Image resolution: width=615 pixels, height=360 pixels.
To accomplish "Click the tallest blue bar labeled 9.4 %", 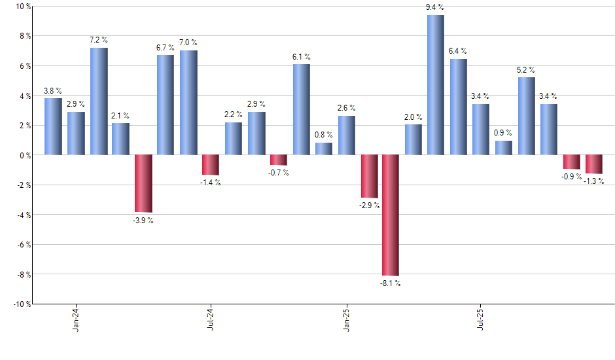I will click(x=435, y=85).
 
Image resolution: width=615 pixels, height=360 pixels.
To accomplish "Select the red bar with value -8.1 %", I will click(x=391, y=215).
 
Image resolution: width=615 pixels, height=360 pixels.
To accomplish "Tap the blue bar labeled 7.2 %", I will click(x=99, y=101).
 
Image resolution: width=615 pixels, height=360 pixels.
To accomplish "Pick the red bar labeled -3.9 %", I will click(x=143, y=184).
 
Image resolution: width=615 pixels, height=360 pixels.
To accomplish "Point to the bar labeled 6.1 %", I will click(x=301, y=109).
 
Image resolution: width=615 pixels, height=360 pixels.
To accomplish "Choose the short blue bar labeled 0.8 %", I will click(x=323, y=149).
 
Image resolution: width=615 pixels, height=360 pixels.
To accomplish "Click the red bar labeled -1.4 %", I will click(x=211, y=165).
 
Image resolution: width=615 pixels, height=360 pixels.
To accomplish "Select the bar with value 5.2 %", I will click(x=526, y=116).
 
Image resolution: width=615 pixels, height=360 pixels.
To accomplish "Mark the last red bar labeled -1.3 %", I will click(x=594, y=164).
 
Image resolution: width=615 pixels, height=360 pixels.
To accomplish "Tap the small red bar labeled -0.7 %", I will click(x=279, y=160).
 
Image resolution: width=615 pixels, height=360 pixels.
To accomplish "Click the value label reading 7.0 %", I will click(x=188, y=43).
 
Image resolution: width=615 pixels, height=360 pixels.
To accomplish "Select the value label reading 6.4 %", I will click(x=458, y=51).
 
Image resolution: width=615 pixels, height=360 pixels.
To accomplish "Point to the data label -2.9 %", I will click(x=369, y=206).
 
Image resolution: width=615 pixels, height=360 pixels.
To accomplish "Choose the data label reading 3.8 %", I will click(x=53, y=91).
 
